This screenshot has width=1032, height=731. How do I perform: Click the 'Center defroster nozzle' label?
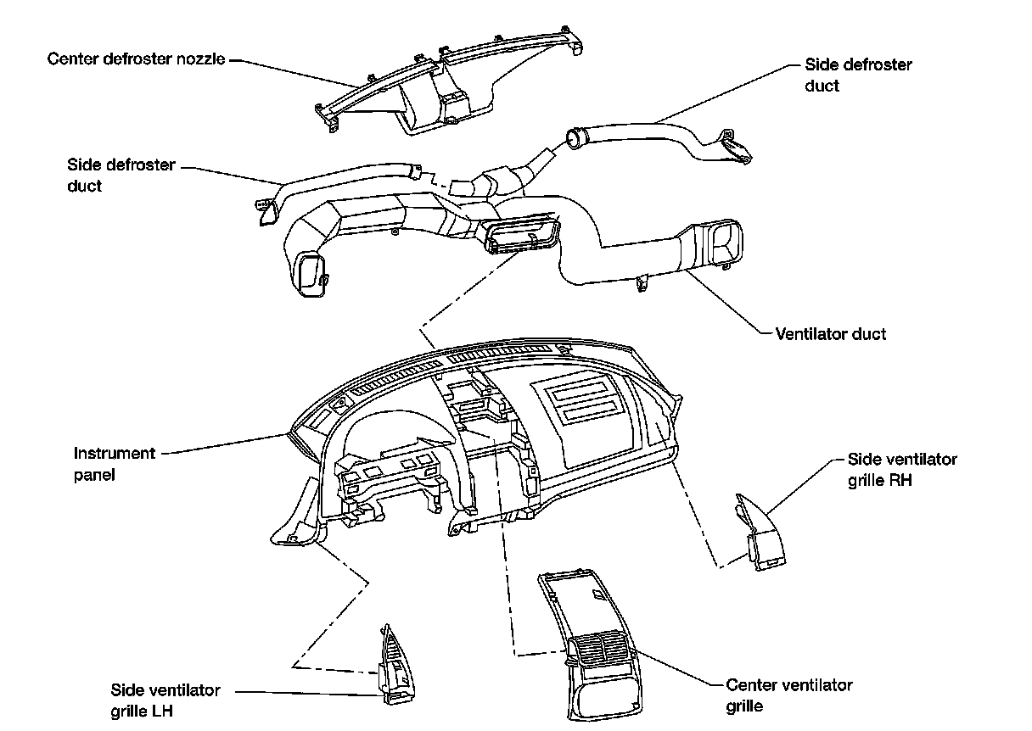click(136, 59)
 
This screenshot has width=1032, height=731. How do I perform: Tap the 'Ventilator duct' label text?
click(830, 334)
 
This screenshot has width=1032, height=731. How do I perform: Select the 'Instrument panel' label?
click(114, 464)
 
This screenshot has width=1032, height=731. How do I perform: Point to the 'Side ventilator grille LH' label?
click(165, 700)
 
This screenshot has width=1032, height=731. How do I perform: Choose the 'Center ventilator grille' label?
click(788, 695)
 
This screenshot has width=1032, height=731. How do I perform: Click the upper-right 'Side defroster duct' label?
click(857, 75)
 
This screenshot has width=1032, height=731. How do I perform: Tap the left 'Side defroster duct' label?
click(121, 175)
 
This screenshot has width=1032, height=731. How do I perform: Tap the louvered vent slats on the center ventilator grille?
click(603, 654)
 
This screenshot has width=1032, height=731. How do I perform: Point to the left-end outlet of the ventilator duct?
click(310, 273)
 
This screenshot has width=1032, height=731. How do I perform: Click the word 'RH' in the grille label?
click(900, 480)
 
